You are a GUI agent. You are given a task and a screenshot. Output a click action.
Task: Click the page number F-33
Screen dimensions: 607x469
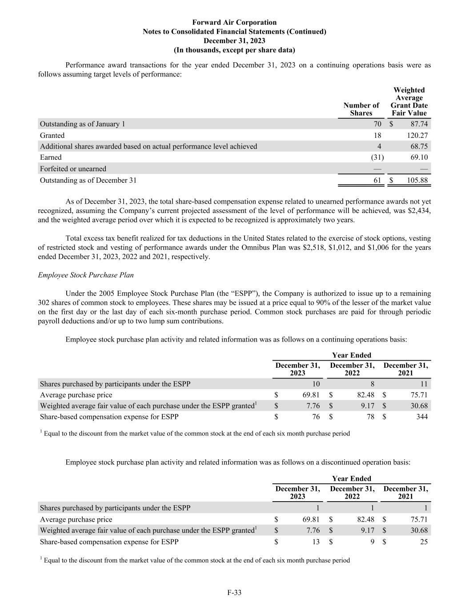tap(234, 592)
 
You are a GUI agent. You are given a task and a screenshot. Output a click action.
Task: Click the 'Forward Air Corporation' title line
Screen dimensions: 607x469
tap(234, 22)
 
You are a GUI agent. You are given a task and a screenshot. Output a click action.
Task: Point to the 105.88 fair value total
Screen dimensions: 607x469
tap(417, 180)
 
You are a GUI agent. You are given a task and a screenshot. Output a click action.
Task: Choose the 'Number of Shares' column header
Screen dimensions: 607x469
tap(361, 109)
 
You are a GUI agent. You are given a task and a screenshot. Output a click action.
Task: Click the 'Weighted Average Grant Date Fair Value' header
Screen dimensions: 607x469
tap(409, 101)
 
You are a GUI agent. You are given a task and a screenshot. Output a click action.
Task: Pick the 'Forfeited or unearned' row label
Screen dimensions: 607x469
tap(73, 169)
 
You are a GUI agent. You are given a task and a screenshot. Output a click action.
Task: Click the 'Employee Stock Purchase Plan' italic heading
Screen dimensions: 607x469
tap(86, 275)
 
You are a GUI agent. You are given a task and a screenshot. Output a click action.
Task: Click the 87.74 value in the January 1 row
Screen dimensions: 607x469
tap(419, 124)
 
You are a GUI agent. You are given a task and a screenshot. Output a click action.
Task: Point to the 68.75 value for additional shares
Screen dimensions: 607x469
tap(419, 146)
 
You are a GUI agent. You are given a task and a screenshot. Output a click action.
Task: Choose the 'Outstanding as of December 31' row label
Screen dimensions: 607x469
tap(88, 180)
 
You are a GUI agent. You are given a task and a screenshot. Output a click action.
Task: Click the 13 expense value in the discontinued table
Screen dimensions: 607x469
tap(315, 542)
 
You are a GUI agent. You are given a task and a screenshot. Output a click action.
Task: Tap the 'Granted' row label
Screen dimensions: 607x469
tap(52, 135)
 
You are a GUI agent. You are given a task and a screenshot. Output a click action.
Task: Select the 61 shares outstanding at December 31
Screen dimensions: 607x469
tap(377, 180)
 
